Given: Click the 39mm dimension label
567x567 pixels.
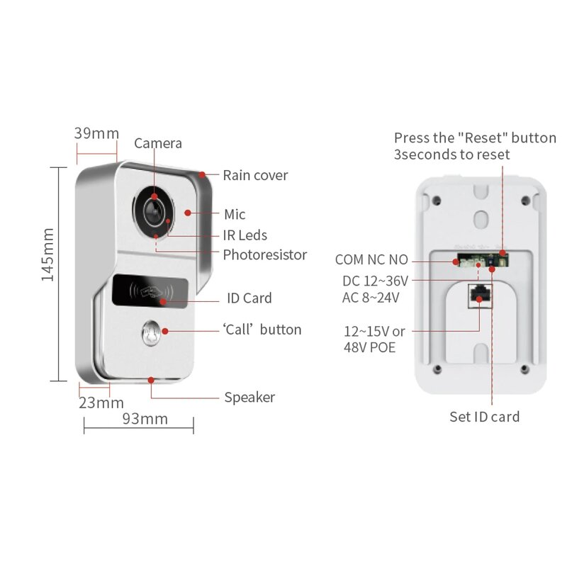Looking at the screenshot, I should [x=97, y=133].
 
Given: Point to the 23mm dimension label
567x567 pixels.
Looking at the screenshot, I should [x=101, y=403].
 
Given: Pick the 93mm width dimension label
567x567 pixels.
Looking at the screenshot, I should [x=145, y=419].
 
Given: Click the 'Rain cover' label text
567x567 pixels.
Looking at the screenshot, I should [x=255, y=175].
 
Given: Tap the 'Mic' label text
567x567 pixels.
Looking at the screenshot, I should [x=235, y=214].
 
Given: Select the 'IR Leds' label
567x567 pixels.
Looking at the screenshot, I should [x=245, y=235].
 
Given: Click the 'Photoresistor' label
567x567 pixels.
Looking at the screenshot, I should [x=264, y=254].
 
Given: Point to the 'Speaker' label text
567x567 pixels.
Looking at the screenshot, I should [x=249, y=398].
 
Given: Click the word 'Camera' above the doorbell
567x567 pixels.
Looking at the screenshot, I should [x=158, y=143].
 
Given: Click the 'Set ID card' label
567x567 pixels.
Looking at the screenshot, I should [x=485, y=417].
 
